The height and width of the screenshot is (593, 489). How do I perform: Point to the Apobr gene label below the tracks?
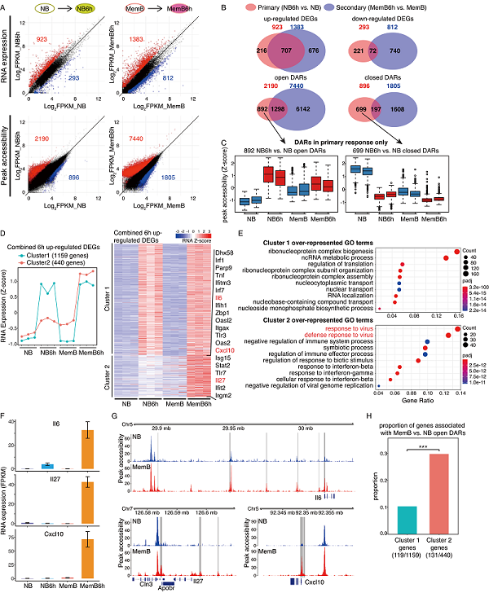coord(165,583)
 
